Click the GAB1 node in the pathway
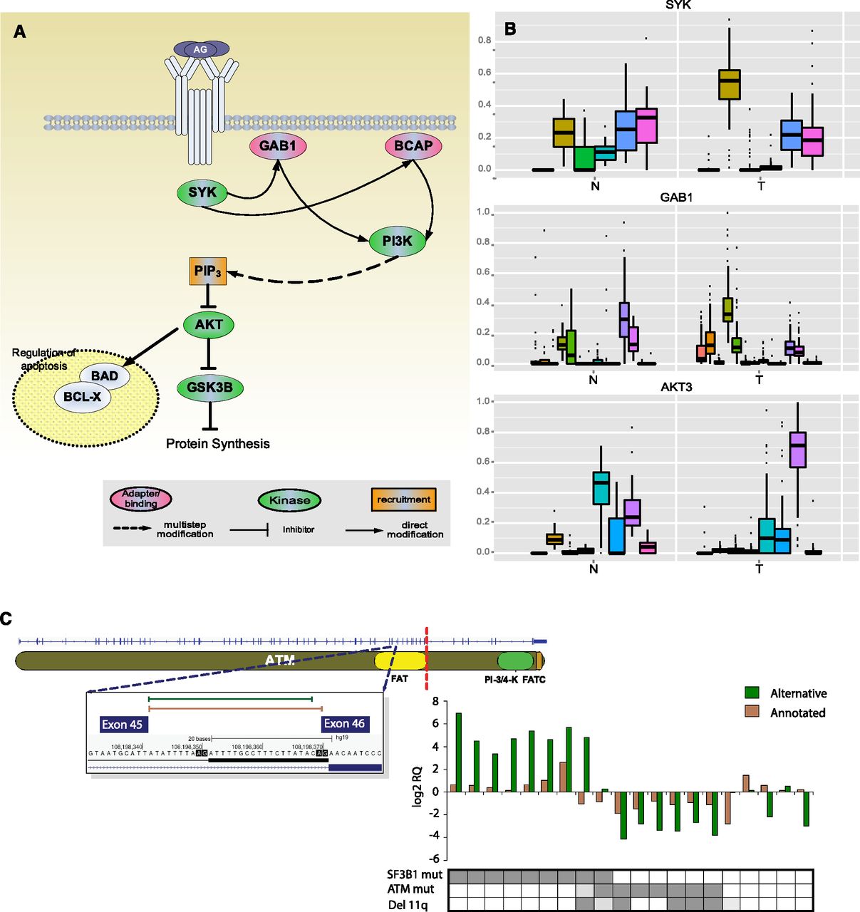click(278, 146)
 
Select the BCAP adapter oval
click(413, 146)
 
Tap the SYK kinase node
click(202, 192)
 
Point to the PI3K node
click(397, 241)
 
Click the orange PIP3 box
click(208, 271)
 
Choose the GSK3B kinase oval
click(209, 388)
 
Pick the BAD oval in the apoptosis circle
click(105, 375)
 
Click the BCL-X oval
click(83, 397)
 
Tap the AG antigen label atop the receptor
click(201, 49)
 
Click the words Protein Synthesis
click(218, 444)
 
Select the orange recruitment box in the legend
click(404, 500)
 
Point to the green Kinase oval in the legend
click(289, 500)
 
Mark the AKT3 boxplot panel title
click(676, 387)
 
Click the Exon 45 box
click(122, 725)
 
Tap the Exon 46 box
click(345, 724)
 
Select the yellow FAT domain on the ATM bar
click(400, 660)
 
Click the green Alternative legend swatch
click(752, 693)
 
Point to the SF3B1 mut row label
click(415, 874)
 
